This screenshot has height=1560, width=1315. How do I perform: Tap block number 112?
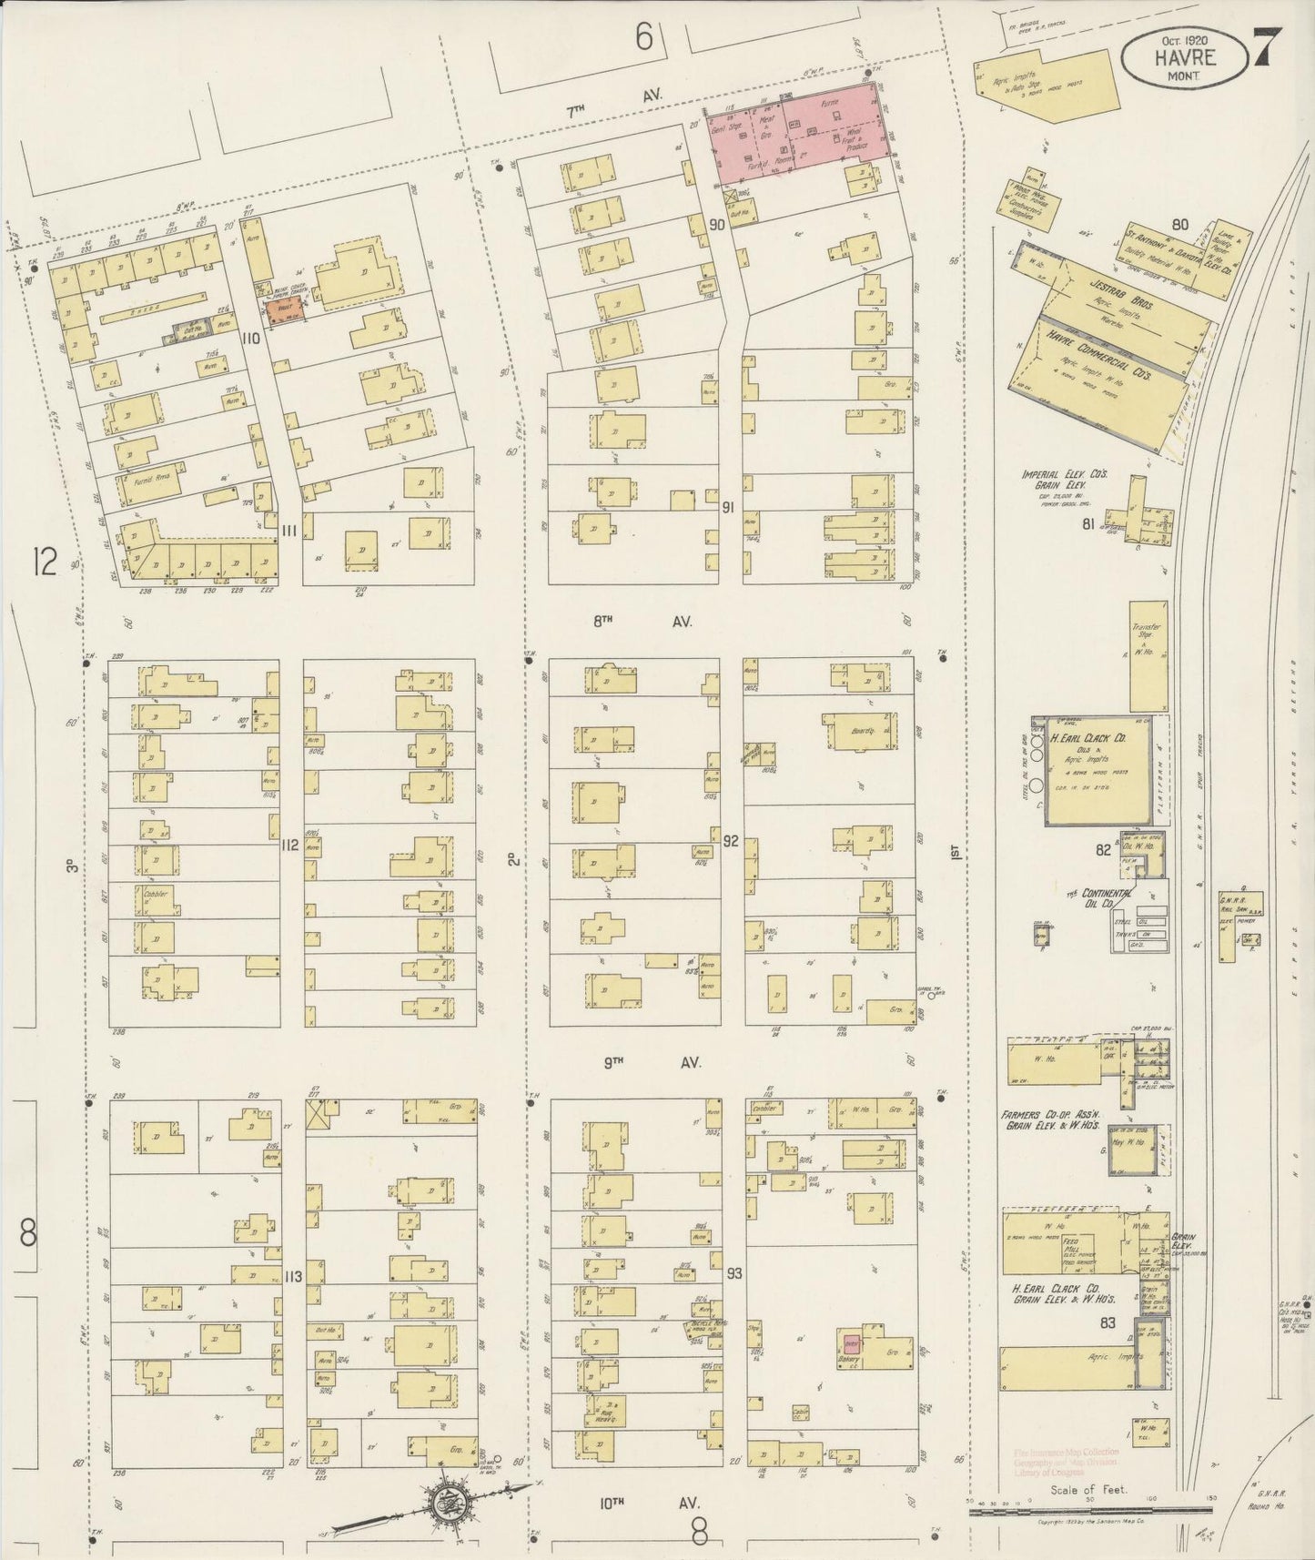(x=290, y=846)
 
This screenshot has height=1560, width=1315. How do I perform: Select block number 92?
(x=730, y=842)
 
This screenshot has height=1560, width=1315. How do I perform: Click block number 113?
(x=291, y=1277)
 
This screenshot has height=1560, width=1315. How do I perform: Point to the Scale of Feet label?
(x=1087, y=1490)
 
